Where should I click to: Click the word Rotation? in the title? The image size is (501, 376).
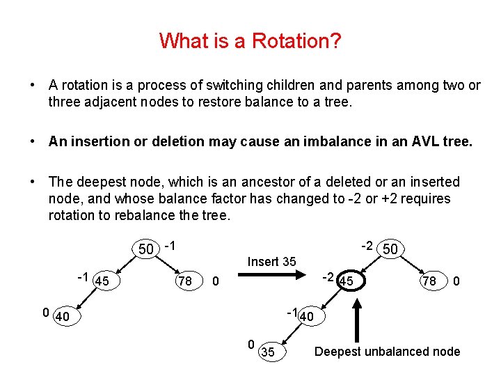pyautogui.click(x=296, y=41)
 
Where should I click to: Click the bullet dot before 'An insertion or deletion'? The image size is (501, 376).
pyautogui.click(x=33, y=141)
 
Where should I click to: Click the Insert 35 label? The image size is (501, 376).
pyautogui.click(x=271, y=262)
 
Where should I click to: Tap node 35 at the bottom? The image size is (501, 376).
pyautogui.click(x=267, y=352)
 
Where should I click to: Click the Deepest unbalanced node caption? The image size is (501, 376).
pyautogui.click(x=387, y=352)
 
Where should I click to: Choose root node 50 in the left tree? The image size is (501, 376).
pyautogui.click(x=146, y=249)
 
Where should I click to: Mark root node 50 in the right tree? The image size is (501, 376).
pyautogui.click(x=390, y=249)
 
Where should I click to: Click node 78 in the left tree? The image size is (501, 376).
pyautogui.click(x=185, y=281)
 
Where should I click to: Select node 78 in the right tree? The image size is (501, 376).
pyautogui.click(x=429, y=281)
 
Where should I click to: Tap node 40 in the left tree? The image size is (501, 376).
pyautogui.click(x=63, y=317)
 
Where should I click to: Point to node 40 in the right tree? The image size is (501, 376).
pyautogui.click(x=308, y=317)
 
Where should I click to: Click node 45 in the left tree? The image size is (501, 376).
pyautogui.click(x=102, y=281)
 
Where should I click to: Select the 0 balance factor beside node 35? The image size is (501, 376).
pyautogui.click(x=251, y=344)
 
